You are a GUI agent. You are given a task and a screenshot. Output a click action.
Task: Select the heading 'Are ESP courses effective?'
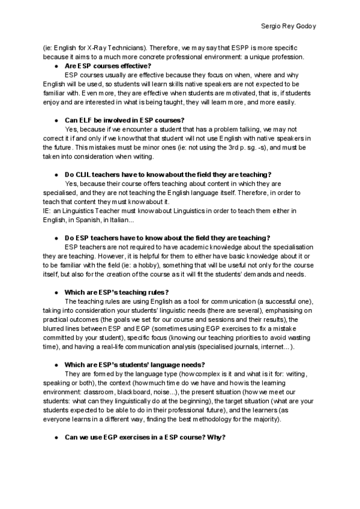107,65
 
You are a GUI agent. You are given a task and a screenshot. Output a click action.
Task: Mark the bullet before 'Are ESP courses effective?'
56,65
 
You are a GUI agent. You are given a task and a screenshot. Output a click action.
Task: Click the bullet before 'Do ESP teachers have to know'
56,238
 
